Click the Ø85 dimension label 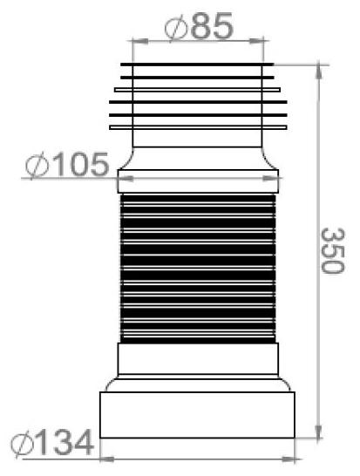[x=199, y=26]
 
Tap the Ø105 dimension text [x=67, y=165]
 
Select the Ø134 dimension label [x=52, y=443]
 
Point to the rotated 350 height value [x=333, y=251]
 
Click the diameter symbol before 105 [x=37, y=166]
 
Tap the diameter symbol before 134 [x=22, y=445]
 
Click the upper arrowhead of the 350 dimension [x=318, y=71]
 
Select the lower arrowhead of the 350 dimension [x=318, y=431]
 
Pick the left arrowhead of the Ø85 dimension [x=140, y=41]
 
